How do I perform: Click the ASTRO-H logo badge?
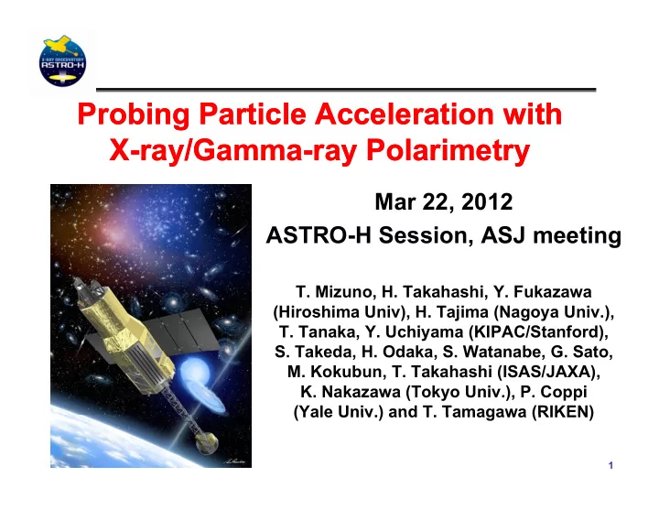(x=62, y=61)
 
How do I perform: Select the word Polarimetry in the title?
(x=448, y=150)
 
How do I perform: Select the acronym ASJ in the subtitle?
(x=503, y=235)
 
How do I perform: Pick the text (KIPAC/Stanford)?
(x=538, y=331)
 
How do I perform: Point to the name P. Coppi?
(x=554, y=392)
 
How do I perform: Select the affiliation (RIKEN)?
(x=563, y=412)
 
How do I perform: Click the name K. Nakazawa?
(x=351, y=392)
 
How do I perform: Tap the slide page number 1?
(x=610, y=465)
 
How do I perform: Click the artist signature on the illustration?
(x=233, y=461)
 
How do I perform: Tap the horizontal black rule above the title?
(x=346, y=90)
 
